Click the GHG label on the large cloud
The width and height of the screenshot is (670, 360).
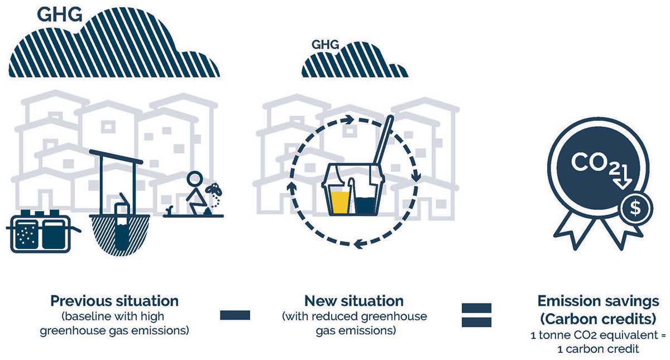(60, 15)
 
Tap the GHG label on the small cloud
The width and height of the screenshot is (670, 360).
(325, 45)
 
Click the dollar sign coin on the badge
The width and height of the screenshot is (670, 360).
(635, 208)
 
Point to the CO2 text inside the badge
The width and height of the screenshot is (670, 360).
(595, 163)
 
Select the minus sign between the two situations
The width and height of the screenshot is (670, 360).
(235, 315)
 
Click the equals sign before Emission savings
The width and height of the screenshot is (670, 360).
(476, 315)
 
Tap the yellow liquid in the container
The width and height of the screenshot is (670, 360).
(340, 203)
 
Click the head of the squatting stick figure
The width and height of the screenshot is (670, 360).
(195, 179)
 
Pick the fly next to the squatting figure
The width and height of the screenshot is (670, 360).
(215, 189)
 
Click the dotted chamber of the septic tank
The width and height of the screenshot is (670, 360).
(27, 235)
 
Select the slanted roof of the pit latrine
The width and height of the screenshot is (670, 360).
(116, 157)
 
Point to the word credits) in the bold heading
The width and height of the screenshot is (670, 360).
(628, 319)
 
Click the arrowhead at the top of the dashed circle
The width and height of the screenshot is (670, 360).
(348, 120)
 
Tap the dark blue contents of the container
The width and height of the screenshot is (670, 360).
(366, 206)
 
